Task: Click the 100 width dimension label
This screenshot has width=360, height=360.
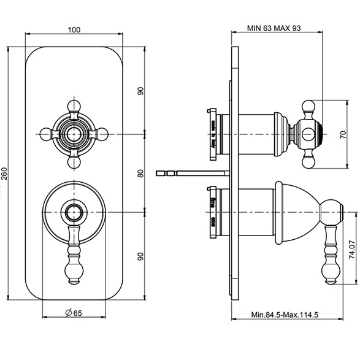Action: pos(74,29)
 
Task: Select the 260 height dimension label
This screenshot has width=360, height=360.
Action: pos(6,174)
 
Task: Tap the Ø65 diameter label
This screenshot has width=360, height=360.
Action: pos(74,330)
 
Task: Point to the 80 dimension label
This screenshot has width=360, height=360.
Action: pos(140,174)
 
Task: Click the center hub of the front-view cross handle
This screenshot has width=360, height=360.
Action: pos(74,132)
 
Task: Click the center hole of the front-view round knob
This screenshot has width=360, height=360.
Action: pos(74,213)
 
